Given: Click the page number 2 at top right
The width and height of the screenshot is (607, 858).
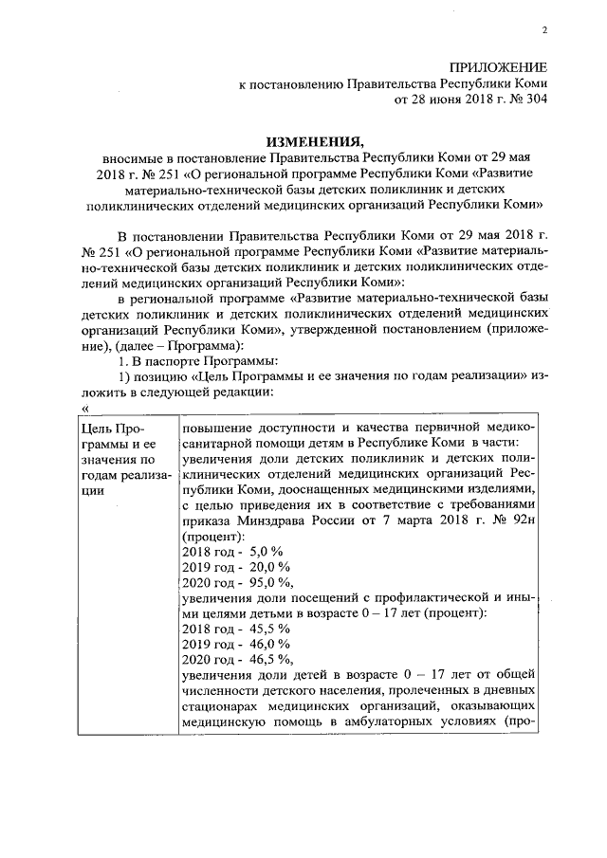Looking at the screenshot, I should coord(545,30).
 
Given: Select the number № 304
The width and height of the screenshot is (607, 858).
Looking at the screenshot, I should coord(524,99).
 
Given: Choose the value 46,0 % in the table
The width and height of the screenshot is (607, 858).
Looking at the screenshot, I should coord(267,645).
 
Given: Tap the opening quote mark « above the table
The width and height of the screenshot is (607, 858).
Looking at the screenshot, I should coord(87,408).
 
